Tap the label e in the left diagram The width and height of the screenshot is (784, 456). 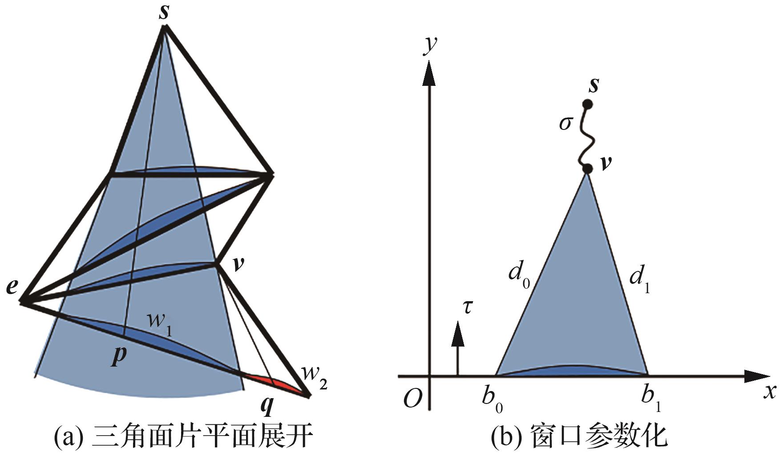12,287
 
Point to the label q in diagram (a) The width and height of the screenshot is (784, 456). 267,405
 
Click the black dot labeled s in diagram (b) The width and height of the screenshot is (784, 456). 587,105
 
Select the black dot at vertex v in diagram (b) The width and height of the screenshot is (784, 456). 587,169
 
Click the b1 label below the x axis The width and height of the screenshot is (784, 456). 651,397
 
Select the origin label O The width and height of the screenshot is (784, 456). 412,400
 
